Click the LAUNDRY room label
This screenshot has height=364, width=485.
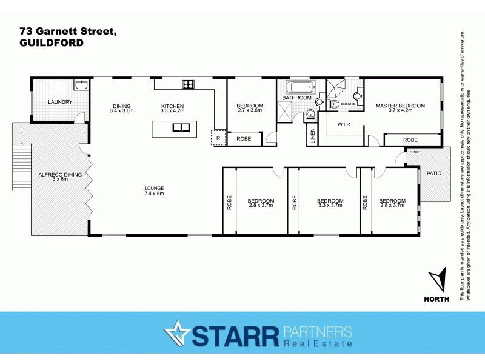click(x=61, y=102)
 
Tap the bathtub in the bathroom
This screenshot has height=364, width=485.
click(x=296, y=86)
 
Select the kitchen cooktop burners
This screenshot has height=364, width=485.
click(x=189, y=84)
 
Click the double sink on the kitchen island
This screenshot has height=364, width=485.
click(x=181, y=127)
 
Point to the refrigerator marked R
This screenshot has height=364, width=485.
click(x=218, y=139)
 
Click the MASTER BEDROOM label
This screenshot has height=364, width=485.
click(x=400, y=106)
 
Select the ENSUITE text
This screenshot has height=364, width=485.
click(x=349, y=104)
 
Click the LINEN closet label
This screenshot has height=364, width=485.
click(x=312, y=136)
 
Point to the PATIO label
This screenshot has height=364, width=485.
click(x=434, y=174)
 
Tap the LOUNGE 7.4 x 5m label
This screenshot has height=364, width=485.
click(x=154, y=190)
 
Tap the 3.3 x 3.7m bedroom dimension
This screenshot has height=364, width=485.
click(x=330, y=206)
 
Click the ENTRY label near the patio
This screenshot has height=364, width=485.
click(x=414, y=152)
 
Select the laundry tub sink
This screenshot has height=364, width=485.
click(x=81, y=86)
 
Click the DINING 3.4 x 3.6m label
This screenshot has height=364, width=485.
click(x=121, y=109)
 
